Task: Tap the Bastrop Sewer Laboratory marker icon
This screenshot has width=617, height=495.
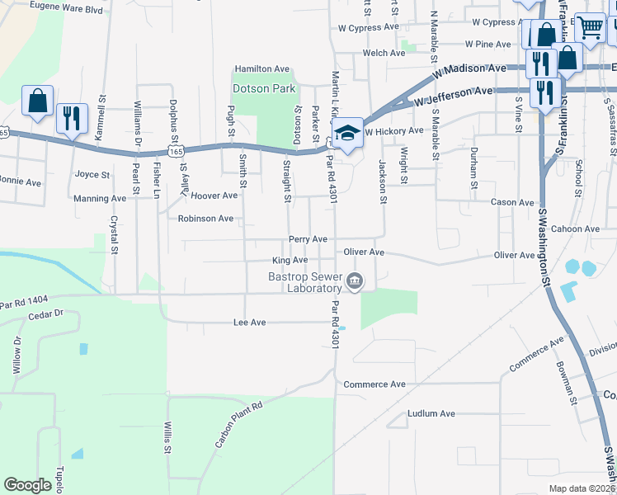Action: click(355, 281)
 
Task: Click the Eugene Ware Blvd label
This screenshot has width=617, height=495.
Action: click(66, 8)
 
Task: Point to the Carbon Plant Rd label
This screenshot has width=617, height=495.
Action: click(238, 425)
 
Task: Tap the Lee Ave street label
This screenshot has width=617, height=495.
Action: click(249, 323)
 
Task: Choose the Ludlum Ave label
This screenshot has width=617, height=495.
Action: click(431, 413)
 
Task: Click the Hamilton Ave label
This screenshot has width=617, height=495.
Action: click(262, 69)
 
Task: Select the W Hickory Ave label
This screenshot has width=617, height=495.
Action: click(393, 131)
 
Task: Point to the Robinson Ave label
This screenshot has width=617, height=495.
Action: click(205, 219)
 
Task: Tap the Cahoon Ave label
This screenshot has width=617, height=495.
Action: click(576, 229)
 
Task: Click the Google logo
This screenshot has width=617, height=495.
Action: click(27, 485)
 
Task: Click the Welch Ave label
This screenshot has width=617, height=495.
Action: click(384, 53)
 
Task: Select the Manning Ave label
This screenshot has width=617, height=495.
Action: click(100, 198)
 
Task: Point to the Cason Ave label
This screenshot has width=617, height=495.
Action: click(512, 202)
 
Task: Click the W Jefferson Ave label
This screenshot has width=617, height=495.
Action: click(453, 97)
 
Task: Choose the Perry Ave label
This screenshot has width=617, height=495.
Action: click(308, 239)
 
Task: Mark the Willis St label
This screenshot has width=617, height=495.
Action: click(166, 438)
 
